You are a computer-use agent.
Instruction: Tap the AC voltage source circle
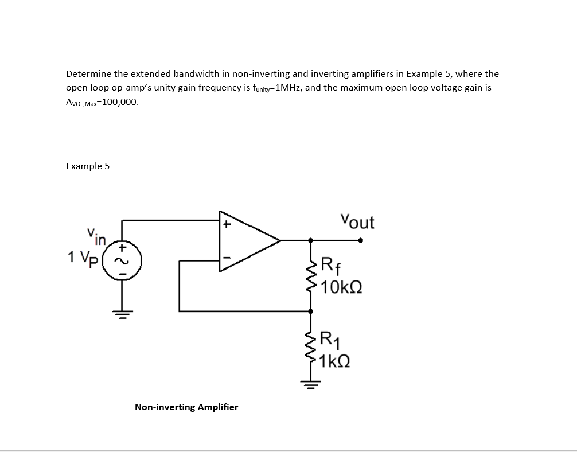tap(122, 261)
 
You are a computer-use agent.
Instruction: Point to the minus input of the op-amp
tap(227, 259)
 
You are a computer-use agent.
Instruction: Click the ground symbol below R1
tap(311, 384)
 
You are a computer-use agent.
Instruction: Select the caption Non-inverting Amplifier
tap(186, 407)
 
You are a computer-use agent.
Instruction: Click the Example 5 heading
tap(87, 166)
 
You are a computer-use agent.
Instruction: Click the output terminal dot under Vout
tap(360, 241)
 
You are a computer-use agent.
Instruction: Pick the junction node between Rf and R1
tap(311, 311)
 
